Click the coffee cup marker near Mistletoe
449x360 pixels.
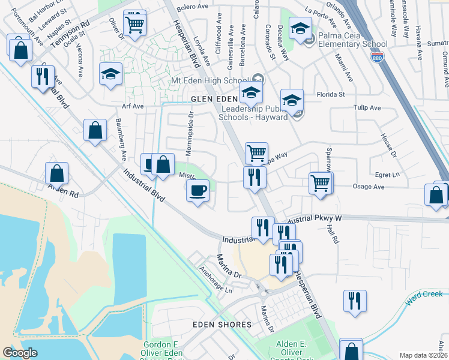197,191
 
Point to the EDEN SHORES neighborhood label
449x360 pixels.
221,325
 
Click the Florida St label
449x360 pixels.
331,94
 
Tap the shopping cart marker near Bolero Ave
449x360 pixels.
135,24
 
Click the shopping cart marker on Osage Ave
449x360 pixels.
321,182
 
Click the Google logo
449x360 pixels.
20,353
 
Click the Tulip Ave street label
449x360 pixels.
367,108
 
